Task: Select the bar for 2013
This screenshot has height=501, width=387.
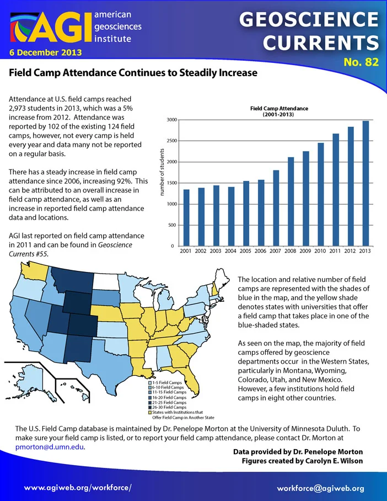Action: [x=365, y=183]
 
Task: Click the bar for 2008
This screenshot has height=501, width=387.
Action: [x=291, y=201]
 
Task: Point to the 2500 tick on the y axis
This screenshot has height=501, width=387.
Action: [x=172, y=141]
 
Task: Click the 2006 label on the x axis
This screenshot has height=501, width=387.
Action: [x=260, y=251]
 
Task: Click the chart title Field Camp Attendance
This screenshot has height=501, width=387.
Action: [x=279, y=109]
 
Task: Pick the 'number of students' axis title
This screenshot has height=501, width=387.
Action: [x=162, y=172]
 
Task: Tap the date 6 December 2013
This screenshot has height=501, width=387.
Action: [x=45, y=52]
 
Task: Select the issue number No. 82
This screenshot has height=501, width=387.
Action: [x=361, y=62]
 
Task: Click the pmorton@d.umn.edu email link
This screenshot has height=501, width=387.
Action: [x=50, y=447]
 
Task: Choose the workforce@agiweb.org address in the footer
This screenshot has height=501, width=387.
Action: [x=320, y=488]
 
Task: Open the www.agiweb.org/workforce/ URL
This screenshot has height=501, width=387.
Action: [x=78, y=488]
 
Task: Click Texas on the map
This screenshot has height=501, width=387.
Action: [x=105, y=359]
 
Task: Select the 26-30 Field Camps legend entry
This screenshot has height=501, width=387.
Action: [x=168, y=407]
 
